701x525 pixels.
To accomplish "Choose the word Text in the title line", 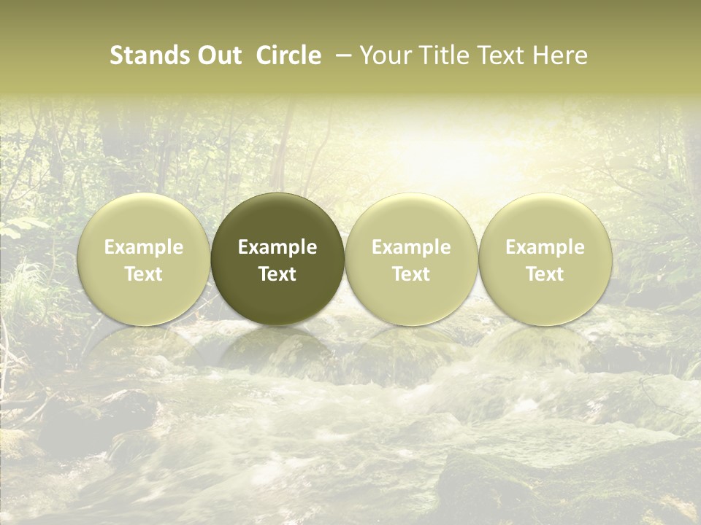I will [501, 55].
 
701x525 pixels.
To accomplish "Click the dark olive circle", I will [277, 219].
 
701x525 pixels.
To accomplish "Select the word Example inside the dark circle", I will [277, 247].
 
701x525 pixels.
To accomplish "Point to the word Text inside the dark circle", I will [277, 274].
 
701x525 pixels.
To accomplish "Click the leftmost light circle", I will [143, 219].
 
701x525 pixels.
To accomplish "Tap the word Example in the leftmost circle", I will [143, 247].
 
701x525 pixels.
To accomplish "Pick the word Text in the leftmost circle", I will [143, 274].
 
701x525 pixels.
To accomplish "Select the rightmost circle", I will [545, 219].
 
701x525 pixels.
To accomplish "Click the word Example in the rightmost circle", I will [545, 247].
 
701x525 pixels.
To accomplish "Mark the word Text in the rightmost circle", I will [545, 274].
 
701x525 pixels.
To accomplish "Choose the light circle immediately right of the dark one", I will [411, 219].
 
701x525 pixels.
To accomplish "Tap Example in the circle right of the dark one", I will [411, 247].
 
